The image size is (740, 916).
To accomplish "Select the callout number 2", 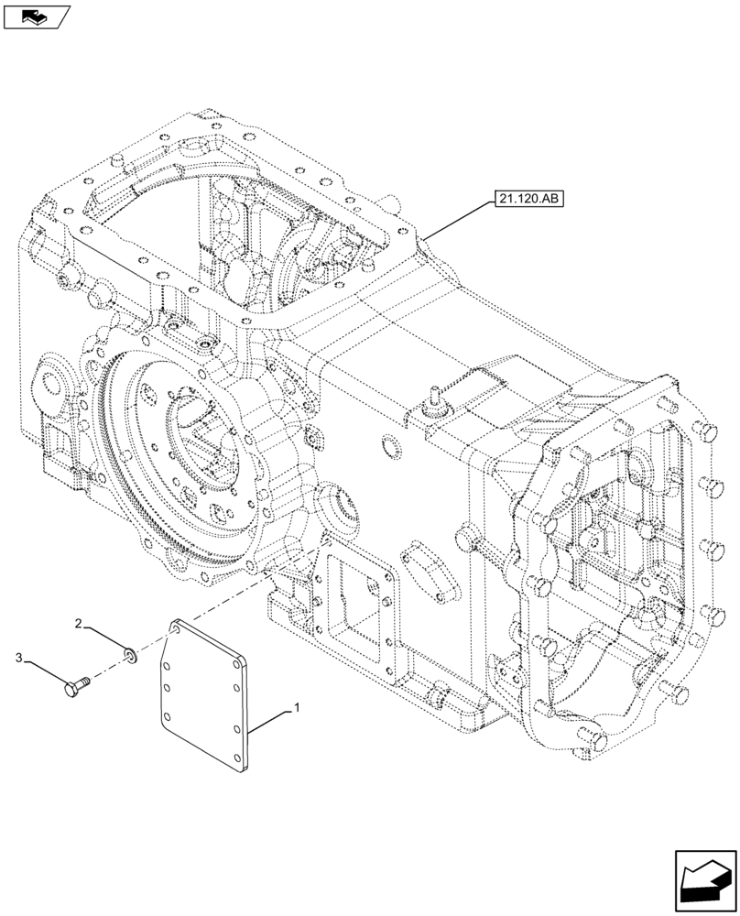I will coord(80,624).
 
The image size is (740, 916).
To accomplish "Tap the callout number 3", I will coord(18,657).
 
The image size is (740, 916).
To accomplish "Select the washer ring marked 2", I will coord(132,653).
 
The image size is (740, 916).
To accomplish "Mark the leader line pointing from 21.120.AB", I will coord(458,221).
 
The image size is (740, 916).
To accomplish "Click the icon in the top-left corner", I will coord(36,16).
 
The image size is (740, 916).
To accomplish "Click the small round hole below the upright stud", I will coord(390,447).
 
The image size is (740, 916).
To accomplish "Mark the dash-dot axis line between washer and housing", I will coord(211,605).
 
